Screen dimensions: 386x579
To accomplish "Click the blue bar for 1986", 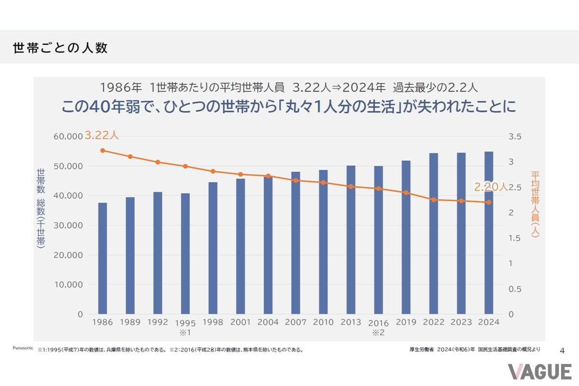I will pyautogui.click(x=102, y=259).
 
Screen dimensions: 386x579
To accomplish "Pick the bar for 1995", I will pyautogui.click(x=185, y=254).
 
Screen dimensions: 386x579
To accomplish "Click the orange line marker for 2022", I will pyautogui.click(x=433, y=200).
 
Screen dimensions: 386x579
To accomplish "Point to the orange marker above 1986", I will pyautogui.click(x=102, y=151).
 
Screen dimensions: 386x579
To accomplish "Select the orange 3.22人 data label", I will pyautogui.click(x=101, y=136).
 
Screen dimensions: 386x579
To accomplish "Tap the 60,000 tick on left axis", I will pyautogui.click(x=69, y=137).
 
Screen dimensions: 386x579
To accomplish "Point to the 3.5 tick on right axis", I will pyautogui.click(x=515, y=137).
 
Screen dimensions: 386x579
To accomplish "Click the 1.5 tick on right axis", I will pyautogui.click(x=515, y=238).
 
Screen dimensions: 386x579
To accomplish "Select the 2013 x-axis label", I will pyautogui.click(x=351, y=322).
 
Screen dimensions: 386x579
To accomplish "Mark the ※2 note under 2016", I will pyautogui.click(x=378, y=332).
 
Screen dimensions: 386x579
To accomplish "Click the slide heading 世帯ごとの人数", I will pyautogui.click(x=60, y=48).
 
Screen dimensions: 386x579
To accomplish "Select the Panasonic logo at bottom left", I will pyautogui.click(x=23, y=347).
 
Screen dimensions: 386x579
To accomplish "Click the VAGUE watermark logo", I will pyautogui.click(x=539, y=372).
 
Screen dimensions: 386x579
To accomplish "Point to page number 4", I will pyautogui.click(x=562, y=350).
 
